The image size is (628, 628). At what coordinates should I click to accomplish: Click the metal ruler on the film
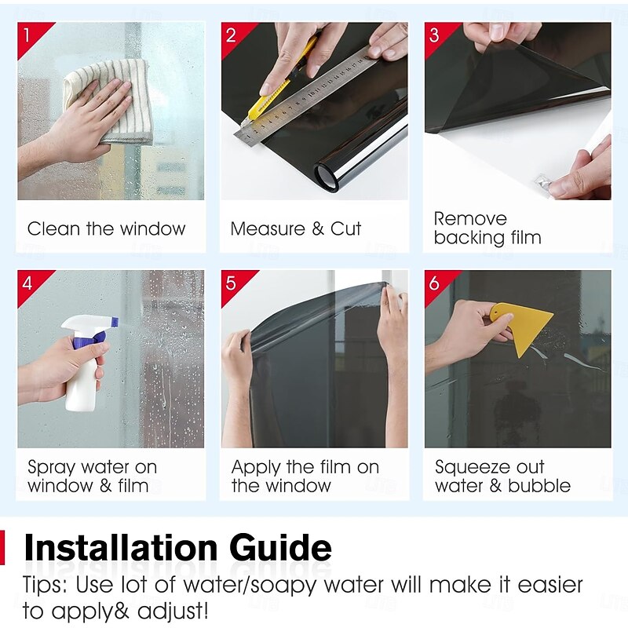(305, 95)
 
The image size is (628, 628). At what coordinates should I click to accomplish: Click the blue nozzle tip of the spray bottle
(115, 321)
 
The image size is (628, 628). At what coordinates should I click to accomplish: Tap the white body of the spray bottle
(82, 385)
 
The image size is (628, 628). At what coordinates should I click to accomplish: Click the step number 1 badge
(27, 35)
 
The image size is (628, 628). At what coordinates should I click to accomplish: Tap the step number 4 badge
(27, 283)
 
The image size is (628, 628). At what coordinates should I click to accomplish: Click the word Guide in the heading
(281, 548)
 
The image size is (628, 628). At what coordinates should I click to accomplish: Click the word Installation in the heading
(121, 547)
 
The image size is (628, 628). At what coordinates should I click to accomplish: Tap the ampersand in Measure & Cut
(318, 228)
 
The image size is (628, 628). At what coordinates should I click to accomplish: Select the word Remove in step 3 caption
(470, 219)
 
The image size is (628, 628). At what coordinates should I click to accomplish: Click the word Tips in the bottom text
(45, 586)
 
